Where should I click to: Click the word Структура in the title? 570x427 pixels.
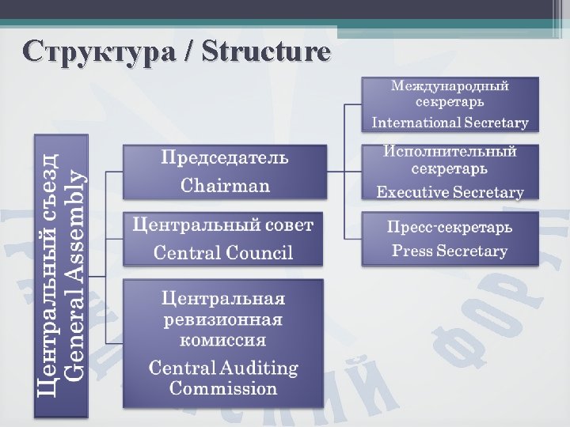(98, 52)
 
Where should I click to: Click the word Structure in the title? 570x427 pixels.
(267, 52)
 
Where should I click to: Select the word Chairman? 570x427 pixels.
(225, 187)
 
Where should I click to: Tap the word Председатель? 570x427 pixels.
(225, 157)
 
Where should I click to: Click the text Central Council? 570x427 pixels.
(223, 253)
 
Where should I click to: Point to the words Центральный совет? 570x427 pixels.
(223, 225)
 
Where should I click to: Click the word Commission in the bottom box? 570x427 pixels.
(223, 388)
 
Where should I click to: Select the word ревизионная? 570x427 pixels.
(223, 320)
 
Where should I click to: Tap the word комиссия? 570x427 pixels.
(223, 341)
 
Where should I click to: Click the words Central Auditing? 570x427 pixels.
(223, 368)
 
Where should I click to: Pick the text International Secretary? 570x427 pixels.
(450, 123)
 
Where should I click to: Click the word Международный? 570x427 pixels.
(450, 85)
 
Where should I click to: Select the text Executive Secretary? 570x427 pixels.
(450, 192)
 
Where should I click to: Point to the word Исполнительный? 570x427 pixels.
(450, 151)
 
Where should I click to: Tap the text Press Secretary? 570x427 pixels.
(450, 251)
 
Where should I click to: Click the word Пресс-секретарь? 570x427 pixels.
(450, 227)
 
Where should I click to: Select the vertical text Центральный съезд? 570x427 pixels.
(49, 274)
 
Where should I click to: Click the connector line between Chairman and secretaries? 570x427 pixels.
(344, 171)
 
